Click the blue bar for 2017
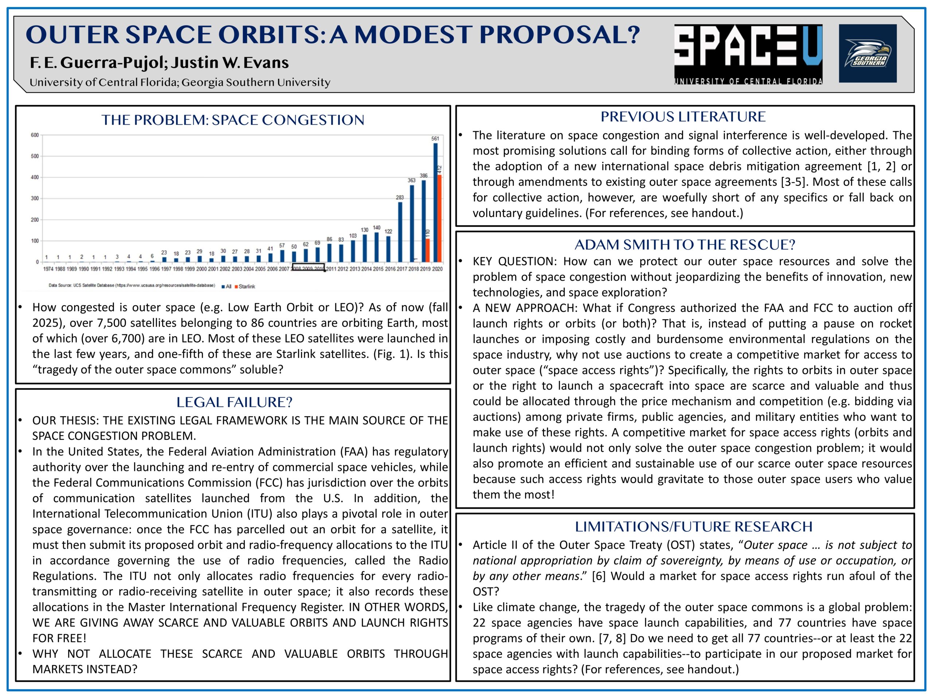coord(400,232)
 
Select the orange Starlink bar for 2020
coord(439,218)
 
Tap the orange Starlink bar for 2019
coord(427,250)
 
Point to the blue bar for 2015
coord(376,247)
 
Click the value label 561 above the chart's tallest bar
coord(435,139)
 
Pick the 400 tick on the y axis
coord(35,177)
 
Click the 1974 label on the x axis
coord(48,269)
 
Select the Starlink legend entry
coord(246,287)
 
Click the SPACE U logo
coord(748,54)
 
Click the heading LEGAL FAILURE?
coord(234,402)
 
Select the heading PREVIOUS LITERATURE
coord(683,116)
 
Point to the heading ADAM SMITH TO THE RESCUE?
coord(684,245)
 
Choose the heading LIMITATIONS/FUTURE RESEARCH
coord(694,526)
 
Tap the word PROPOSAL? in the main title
coord(560,35)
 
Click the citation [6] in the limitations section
coord(598,576)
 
